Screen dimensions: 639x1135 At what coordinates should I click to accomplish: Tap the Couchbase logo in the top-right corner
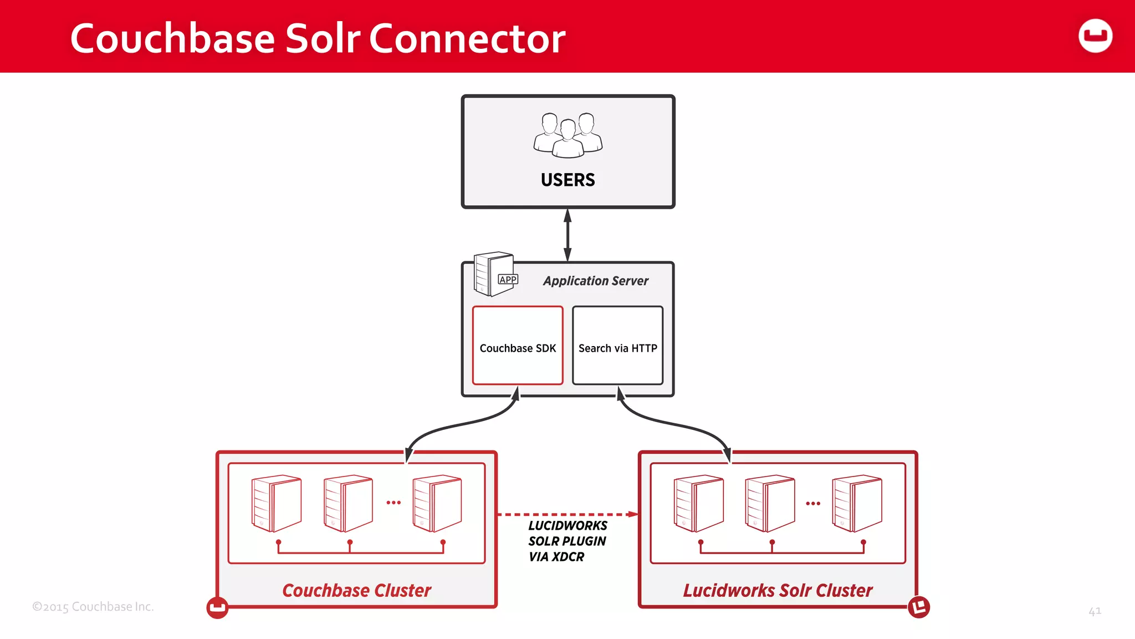pyautogui.click(x=1095, y=36)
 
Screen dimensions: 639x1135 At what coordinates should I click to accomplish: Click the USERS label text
pyautogui.click(x=567, y=180)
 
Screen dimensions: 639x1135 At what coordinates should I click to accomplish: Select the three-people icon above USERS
pyautogui.click(x=567, y=135)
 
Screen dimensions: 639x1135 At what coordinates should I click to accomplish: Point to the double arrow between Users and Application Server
pyautogui.click(x=567, y=235)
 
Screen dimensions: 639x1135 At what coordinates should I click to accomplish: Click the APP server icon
pyautogui.click(x=495, y=274)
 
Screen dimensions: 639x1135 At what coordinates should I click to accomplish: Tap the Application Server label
pyautogui.click(x=595, y=281)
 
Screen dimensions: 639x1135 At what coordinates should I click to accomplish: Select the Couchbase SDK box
pyautogui.click(x=518, y=346)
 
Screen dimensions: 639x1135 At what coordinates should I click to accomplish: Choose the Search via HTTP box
pyautogui.click(x=617, y=346)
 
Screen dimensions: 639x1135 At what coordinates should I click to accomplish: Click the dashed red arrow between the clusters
pyautogui.click(x=567, y=514)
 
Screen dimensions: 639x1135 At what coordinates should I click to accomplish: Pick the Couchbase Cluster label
pyautogui.click(x=356, y=590)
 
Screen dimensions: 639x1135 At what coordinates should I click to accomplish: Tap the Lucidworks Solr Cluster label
pyautogui.click(x=778, y=590)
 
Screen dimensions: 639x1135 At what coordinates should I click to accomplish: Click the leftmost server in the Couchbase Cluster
pyautogui.click(x=276, y=503)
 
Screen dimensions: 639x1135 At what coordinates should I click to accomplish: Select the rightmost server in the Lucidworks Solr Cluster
pyautogui.click(x=857, y=503)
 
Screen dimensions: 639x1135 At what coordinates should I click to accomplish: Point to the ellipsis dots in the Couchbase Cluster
pyautogui.click(x=393, y=503)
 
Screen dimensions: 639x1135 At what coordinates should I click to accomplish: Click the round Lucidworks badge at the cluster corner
pyautogui.click(x=918, y=607)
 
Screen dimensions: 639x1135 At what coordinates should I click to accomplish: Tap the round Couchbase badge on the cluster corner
pyautogui.click(x=217, y=607)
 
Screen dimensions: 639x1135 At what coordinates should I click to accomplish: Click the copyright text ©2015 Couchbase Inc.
pyautogui.click(x=93, y=607)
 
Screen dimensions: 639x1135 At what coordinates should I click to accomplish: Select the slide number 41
pyautogui.click(x=1095, y=611)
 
